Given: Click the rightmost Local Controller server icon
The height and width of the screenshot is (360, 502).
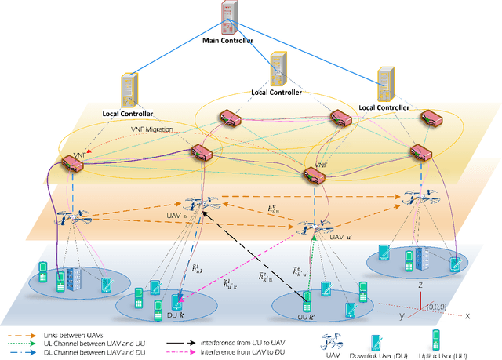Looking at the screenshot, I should (384, 84).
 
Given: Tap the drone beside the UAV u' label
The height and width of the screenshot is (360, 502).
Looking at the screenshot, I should (304, 226).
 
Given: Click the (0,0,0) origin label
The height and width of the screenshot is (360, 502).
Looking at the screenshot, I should (435, 307).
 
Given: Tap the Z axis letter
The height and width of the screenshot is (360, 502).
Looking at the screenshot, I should (422, 287).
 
